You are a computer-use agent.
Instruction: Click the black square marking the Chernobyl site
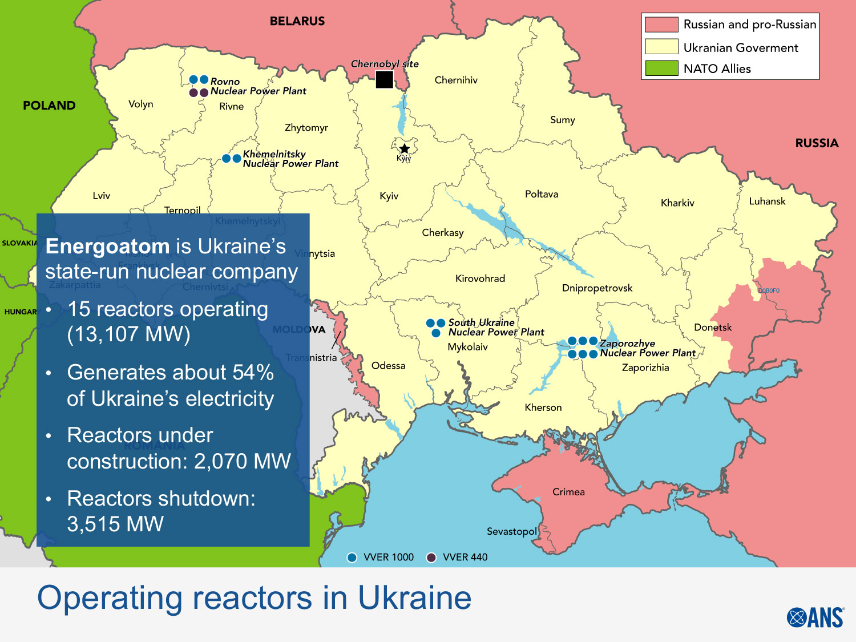(384, 79)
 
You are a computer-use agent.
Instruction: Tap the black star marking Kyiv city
(404, 149)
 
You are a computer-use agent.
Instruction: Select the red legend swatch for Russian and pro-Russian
(661, 25)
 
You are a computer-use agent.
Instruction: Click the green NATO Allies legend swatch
(661, 68)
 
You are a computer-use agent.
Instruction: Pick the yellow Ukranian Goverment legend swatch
(661, 47)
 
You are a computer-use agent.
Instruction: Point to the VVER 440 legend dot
(431, 558)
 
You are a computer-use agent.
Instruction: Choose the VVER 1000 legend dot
(352, 558)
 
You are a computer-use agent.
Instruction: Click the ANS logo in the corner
(815, 617)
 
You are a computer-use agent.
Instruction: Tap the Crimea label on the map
(568, 492)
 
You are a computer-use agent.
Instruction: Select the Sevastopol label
(511, 531)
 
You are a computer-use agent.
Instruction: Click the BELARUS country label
(297, 21)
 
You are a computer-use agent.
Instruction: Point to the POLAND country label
(49, 106)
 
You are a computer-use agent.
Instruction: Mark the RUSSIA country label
(817, 143)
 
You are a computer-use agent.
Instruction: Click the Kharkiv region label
(677, 203)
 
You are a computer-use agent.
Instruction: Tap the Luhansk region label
(767, 201)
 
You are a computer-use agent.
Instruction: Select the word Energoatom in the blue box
(107, 247)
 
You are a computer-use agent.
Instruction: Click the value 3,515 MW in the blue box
(115, 524)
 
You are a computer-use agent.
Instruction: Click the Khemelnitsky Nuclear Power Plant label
(290, 159)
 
